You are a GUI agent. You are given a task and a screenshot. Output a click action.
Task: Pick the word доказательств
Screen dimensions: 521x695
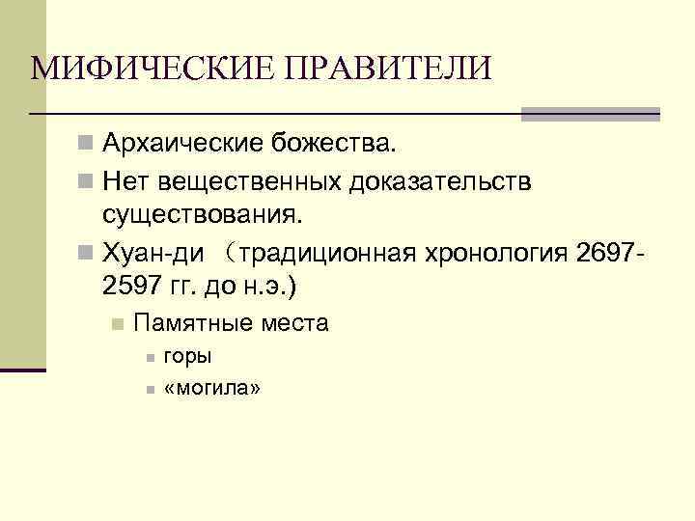(446, 180)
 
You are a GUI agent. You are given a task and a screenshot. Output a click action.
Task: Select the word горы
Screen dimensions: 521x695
(187, 356)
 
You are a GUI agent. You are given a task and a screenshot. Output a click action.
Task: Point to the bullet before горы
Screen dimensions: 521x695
(150, 358)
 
